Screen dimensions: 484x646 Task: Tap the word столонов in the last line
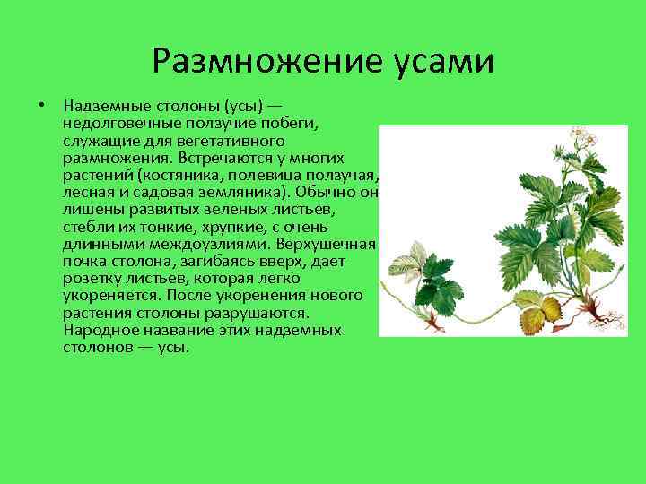[97, 346]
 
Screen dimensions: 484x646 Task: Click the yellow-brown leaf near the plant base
[539, 311]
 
